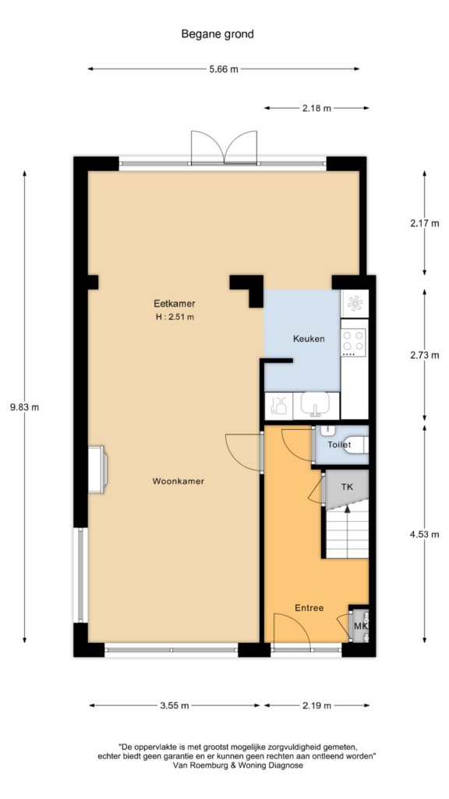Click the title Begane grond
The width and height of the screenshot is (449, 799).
217,34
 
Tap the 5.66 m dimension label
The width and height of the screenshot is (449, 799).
224,69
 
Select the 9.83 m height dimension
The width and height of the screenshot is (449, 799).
24,407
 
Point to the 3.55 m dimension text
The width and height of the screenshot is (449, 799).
174,705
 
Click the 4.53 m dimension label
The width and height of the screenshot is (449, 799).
425,534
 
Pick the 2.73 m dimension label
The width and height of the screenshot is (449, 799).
425,356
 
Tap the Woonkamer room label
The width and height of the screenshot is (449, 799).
179,481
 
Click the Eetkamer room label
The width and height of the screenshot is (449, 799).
175,304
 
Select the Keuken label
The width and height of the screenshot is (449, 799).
309,339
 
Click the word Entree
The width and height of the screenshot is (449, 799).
309,608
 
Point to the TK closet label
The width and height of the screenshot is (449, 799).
347,487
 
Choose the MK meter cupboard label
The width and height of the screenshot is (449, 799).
360,626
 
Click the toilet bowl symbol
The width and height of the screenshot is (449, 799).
357,445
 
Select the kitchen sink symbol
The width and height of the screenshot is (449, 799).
315,405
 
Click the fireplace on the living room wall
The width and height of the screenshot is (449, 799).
97,469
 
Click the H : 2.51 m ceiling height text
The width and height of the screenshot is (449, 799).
175,317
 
